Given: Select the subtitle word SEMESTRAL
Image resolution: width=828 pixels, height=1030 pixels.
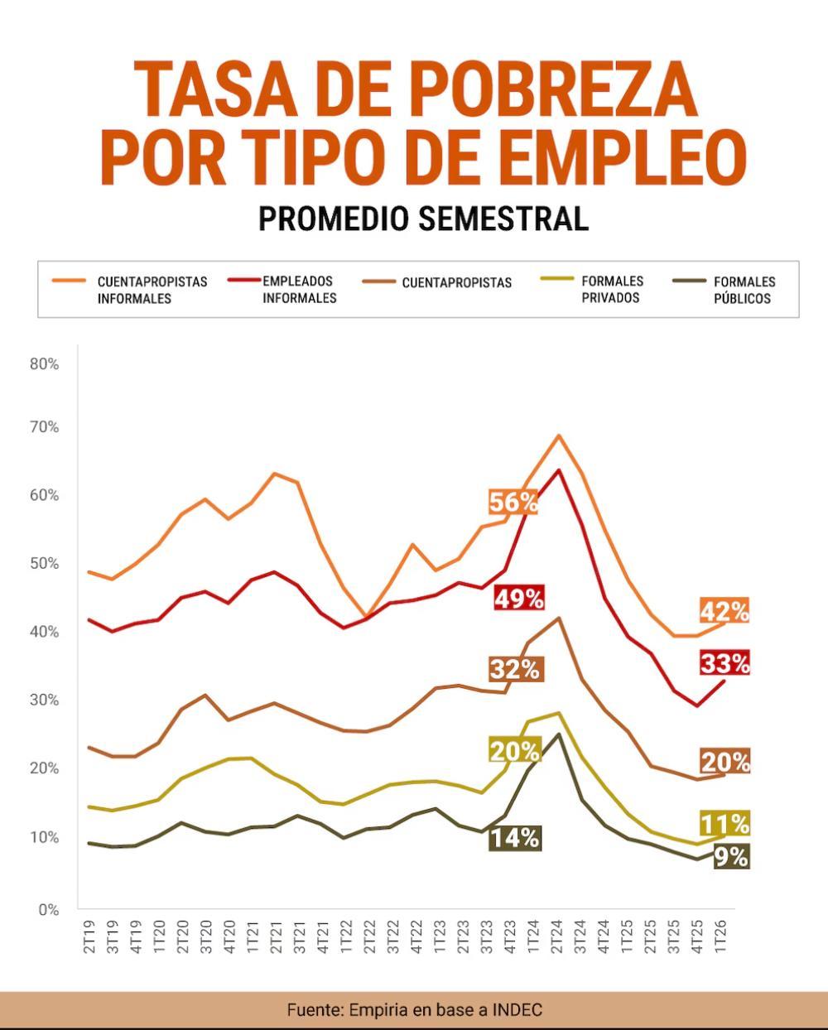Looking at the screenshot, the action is (x=503, y=219).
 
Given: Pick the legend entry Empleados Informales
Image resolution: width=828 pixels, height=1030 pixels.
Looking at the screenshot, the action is (x=282, y=289).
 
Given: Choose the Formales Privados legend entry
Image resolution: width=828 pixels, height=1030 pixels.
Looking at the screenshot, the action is (x=592, y=289).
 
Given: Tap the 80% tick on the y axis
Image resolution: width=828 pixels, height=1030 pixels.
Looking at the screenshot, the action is (x=44, y=364).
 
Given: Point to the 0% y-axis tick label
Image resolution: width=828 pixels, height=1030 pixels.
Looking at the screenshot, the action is (x=49, y=909).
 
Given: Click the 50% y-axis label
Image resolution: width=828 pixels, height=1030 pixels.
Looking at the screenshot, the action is (x=44, y=563).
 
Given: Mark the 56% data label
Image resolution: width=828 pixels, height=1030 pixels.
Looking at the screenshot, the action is (x=513, y=502).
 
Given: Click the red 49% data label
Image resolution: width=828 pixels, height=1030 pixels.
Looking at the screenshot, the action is (x=519, y=598).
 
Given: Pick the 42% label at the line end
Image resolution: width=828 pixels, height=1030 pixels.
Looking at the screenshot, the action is (x=724, y=610).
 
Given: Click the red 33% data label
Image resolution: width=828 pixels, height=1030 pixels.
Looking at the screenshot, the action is (x=724, y=663).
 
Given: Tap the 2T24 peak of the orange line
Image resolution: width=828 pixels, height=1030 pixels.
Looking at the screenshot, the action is (x=558, y=435).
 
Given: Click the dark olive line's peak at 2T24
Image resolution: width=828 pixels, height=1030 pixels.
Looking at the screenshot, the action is (x=558, y=734).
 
